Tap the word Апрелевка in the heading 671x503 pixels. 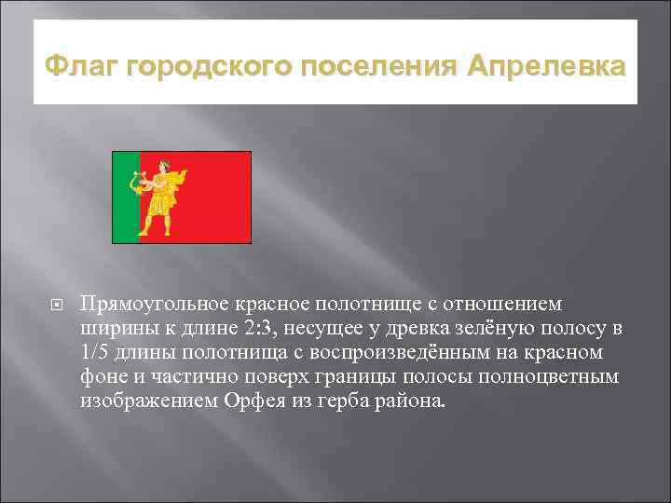pos(547,68)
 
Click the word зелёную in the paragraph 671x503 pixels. pos(503,330)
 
